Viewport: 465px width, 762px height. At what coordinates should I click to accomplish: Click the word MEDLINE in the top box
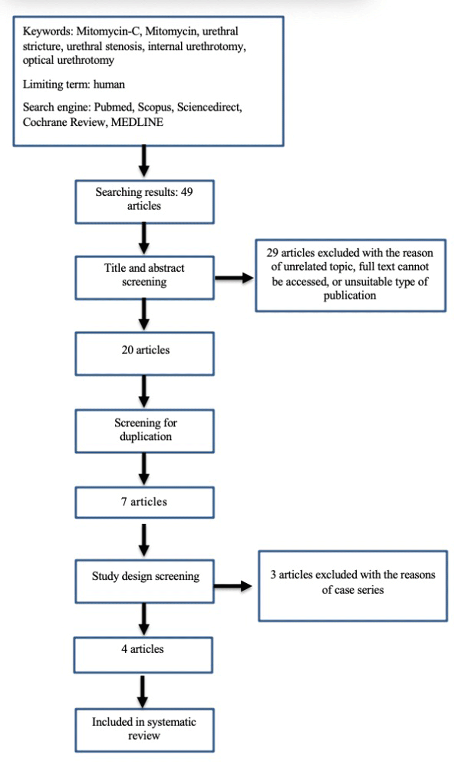pos(137,122)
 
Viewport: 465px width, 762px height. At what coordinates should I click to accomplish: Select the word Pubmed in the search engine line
pos(113,107)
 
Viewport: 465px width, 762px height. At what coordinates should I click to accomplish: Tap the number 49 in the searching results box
pos(186,192)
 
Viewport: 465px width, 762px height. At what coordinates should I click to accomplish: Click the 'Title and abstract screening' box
pos(145,278)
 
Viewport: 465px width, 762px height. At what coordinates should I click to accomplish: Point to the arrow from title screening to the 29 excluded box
pos(234,278)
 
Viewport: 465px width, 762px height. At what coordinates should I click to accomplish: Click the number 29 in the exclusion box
pos(272,253)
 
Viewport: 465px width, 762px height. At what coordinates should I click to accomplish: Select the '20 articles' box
pos(145,354)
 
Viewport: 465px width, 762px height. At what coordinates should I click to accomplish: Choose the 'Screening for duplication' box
pos(145,431)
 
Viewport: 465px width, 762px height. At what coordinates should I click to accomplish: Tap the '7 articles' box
pos(145,502)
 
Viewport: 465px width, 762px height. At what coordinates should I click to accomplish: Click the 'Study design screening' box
pos(145,581)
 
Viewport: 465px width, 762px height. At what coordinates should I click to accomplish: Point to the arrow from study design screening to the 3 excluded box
pos(233,586)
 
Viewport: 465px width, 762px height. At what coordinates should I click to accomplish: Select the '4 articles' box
pos(143,655)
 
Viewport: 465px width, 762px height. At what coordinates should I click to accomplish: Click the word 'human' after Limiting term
pos(109,84)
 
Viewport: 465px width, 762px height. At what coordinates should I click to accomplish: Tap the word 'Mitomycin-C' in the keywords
pos(108,31)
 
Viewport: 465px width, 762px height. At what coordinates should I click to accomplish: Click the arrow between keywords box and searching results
pos(144,161)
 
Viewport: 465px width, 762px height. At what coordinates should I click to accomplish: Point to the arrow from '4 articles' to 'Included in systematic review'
pos(142,692)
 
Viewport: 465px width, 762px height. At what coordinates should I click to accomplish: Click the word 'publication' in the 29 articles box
pos(350,296)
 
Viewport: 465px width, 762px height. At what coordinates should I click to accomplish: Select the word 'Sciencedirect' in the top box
pos(209,107)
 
